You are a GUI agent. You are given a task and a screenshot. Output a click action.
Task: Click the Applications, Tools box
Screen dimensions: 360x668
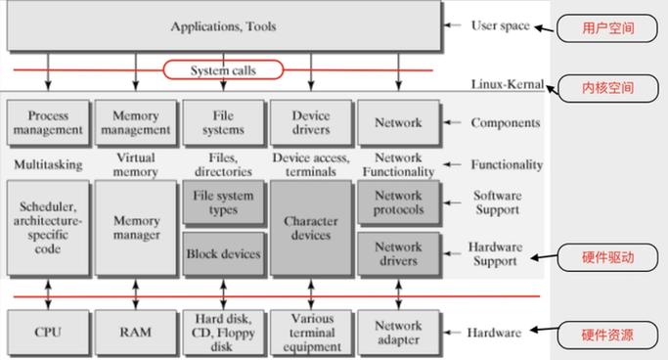pos(223,26)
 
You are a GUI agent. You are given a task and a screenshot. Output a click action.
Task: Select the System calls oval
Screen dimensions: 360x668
pos(223,69)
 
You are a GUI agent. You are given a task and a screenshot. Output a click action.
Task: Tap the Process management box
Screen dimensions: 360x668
pos(47,123)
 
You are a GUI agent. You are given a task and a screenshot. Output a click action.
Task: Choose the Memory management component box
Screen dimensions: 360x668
pos(135,123)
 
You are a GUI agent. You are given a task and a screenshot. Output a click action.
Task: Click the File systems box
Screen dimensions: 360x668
pos(223,123)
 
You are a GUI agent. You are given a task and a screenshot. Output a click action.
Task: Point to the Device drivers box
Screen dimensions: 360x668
pos(311,123)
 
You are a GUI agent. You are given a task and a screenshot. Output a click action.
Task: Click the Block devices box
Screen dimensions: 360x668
pos(223,253)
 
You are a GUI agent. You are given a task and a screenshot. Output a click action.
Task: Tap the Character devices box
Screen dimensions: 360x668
pos(311,228)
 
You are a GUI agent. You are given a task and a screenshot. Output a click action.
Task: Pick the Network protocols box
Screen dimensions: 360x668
pos(398,202)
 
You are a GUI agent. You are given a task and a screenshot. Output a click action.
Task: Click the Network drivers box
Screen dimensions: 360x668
pos(398,253)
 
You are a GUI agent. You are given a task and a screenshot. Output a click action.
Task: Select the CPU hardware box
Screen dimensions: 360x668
pos(47,333)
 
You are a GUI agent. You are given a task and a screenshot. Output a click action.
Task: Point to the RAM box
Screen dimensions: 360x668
pos(135,333)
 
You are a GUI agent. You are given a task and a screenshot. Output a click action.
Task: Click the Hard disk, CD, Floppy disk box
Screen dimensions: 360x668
pos(223,333)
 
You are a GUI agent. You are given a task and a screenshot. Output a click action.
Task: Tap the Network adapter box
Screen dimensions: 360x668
pos(398,333)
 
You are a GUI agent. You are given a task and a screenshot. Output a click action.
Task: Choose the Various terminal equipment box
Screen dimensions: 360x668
pos(311,333)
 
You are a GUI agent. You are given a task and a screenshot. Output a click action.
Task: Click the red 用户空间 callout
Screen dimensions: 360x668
pos(606,28)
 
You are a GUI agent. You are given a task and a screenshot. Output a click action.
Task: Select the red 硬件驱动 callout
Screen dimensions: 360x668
pos(606,259)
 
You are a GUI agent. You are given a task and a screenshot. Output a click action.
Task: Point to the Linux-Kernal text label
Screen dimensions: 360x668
pos(506,85)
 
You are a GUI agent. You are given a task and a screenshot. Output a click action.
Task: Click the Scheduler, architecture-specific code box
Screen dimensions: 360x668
pos(47,228)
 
